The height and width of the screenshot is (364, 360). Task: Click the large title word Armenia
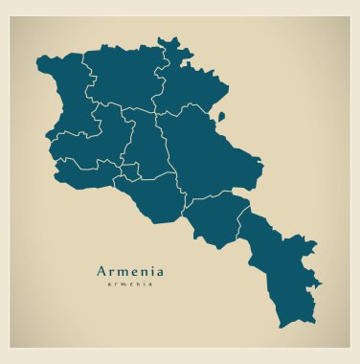point(130,270)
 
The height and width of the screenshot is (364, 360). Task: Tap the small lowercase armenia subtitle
point(130,284)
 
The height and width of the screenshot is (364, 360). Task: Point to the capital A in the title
point(102,270)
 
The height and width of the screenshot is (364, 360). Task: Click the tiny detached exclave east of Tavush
point(221,116)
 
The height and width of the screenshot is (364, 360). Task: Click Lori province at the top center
point(124,77)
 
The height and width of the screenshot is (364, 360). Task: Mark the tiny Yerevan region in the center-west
point(130,171)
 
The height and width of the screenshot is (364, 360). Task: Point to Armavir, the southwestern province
point(86,173)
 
